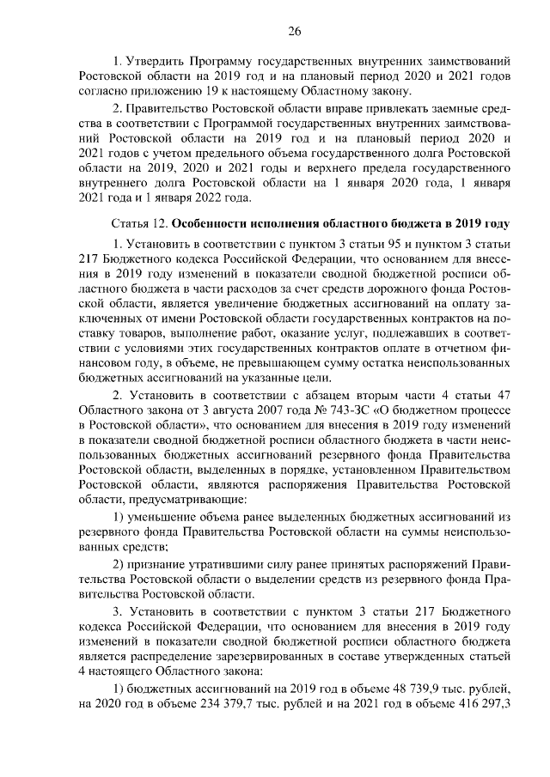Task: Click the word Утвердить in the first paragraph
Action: coord(155,62)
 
